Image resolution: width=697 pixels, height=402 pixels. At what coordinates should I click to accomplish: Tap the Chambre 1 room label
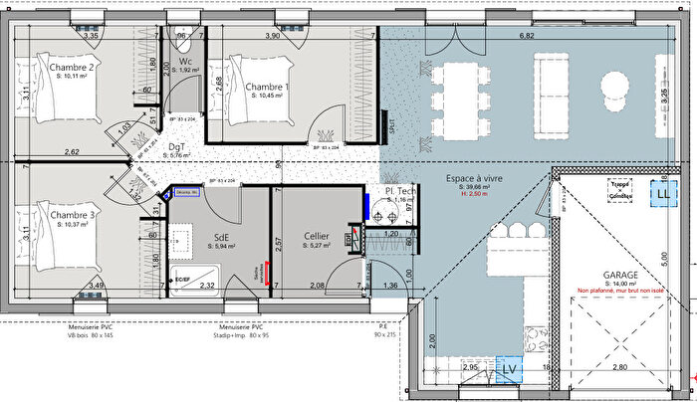point(267,88)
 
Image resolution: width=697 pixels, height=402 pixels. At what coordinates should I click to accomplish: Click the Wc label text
point(186,62)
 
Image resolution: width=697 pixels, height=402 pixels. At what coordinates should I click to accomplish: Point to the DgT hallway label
point(176,146)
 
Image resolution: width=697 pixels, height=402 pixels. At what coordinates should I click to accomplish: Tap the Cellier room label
point(318,237)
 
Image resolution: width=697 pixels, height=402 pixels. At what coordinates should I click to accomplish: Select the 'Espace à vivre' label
point(474,179)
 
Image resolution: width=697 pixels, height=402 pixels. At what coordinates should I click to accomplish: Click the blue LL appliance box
point(662,193)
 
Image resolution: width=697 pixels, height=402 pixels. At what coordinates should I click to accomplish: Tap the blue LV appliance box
point(509,369)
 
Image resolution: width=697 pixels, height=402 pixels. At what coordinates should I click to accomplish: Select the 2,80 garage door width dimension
point(618,368)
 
